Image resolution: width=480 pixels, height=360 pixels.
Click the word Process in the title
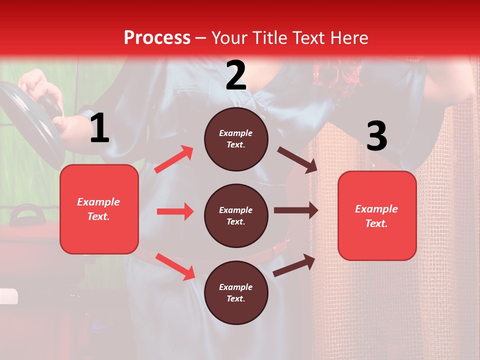pos(157,37)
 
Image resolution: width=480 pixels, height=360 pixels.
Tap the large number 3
pos(376,136)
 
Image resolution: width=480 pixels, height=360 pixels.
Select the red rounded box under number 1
pos(99,209)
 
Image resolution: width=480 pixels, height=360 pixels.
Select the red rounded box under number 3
pos(377,215)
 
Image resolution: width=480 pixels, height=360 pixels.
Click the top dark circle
pos(236,139)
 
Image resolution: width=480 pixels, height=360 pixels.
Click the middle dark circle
pos(236,215)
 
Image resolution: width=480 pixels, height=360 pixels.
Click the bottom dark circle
pos(236,292)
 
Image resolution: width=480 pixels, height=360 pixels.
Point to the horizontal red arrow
pos(175,211)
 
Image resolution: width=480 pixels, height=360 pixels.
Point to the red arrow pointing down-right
pos(175,266)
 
